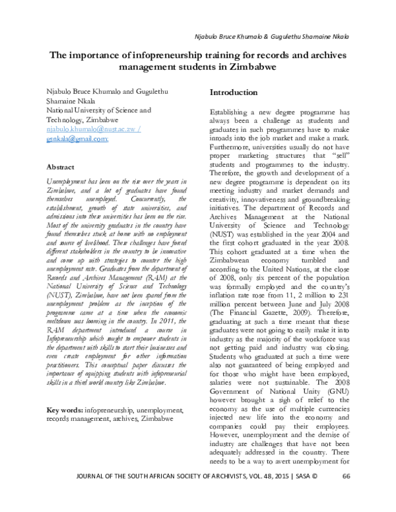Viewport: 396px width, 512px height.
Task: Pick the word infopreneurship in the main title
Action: pyautogui.click(x=173, y=55)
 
